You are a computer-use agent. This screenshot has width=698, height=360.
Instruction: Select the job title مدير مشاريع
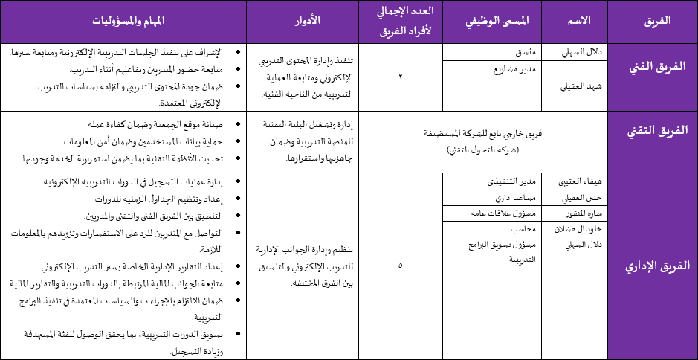(515, 69)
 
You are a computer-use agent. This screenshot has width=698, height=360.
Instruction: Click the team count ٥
(401, 266)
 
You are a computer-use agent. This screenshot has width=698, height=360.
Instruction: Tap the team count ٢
(401, 77)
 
